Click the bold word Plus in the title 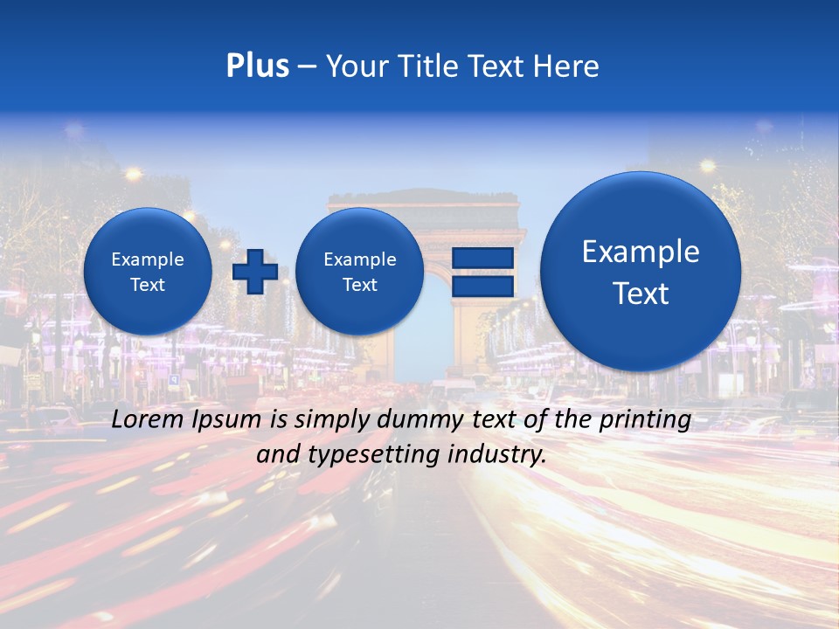click(x=257, y=66)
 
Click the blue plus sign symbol click(x=254, y=272)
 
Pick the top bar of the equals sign click(x=482, y=258)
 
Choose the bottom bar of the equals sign click(x=482, y=286)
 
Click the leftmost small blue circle click(x=148, y=272)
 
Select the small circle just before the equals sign click(x=359, y=272)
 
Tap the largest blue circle click(x=641, y=272)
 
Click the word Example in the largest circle click(x=641, y=252)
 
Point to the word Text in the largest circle click(x=641, y=294)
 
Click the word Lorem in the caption click(x=147, y=419)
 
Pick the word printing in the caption click(x=647, y=420)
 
